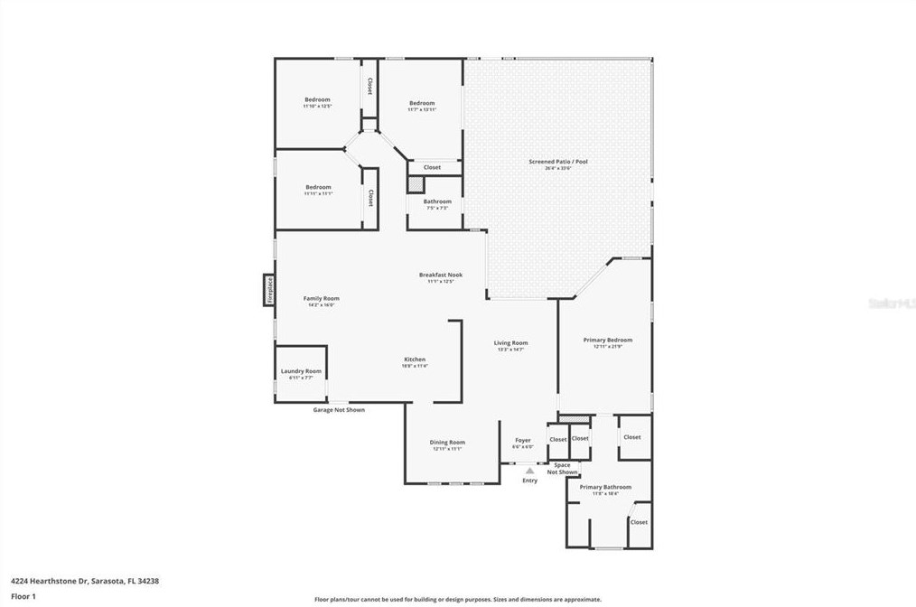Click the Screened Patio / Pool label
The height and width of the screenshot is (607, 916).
pyautogui.click(x=558, y=162)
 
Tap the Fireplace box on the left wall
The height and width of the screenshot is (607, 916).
pyautogui.click(x=268, y=290)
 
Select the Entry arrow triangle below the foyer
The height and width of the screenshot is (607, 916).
pyautogui.click(x=529, y=470)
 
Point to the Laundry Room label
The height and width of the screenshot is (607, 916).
pyautogui.click(x=301, y=371)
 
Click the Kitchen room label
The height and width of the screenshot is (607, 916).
pyautogui.click(x=415, y=360)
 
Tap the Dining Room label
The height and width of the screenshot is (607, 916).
pyautogui.click(x=447, y=443)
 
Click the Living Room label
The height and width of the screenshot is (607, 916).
pyautogui.click(x=510, y=343)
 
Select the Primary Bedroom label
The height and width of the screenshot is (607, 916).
pyautogui.click(x=607, y=341)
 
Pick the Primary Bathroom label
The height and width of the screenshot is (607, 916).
pyautogui.click(x=605, y=487)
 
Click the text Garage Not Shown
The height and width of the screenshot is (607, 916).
pyautogui.click(x=339, y=409)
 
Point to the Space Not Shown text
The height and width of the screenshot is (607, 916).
pyautogui.click(x=562, y=468)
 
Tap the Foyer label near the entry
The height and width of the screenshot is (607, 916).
pyautogui.click(x=523, y=440)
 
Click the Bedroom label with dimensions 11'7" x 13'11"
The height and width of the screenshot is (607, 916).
pyautogui.click(x=422, y=103)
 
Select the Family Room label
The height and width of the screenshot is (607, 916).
pyautogui.click(x=321, y=299)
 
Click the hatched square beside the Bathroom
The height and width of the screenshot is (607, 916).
pyautogui.click(x=414, y=183)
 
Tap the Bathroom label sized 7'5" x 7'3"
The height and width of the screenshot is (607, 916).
pyautogui.click(x=437, y=201)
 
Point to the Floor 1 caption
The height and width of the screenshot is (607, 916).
pyautogui.click(x=23, y=596)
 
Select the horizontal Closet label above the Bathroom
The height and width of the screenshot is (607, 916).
pyautogui.click(x=432, y=167)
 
